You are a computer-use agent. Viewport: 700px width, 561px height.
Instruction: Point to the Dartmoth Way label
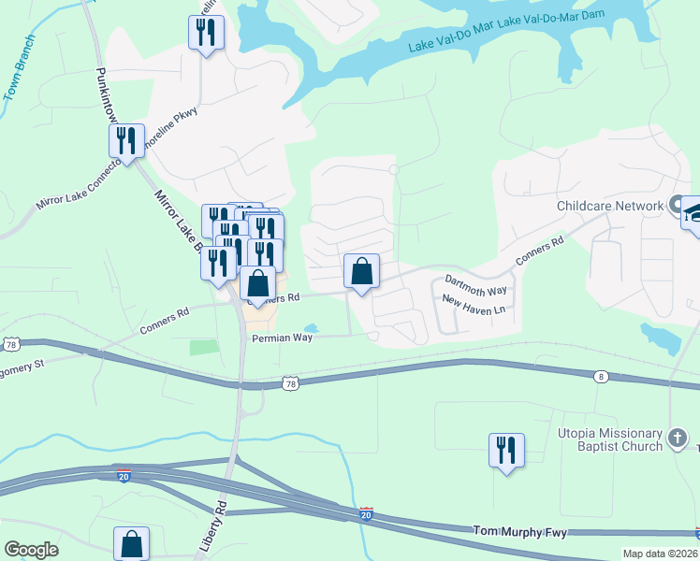[475, 283]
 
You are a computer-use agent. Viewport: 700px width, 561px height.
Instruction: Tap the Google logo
[31, 550]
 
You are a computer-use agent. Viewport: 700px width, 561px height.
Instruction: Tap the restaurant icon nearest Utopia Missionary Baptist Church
[505, 450]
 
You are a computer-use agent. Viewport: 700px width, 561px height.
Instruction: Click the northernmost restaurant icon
[205, 33]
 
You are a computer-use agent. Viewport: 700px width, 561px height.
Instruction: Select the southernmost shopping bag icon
[131, 543]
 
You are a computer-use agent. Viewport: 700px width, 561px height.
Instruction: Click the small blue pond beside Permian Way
[311, 328]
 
